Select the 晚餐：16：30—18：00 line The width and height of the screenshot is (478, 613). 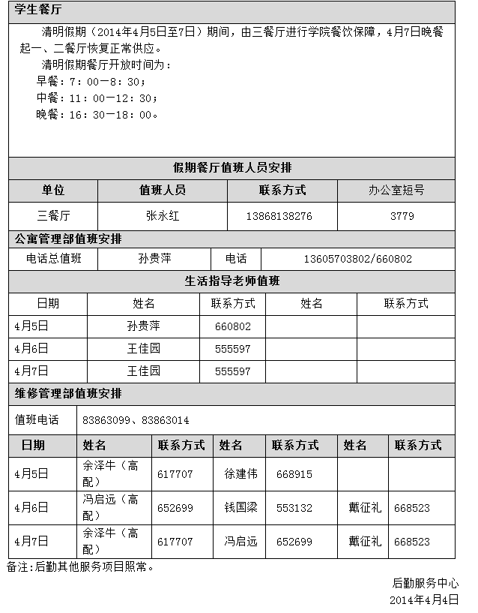coord(97,115)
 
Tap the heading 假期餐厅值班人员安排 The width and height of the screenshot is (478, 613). coord(232,167)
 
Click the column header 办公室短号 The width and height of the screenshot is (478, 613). coord(396,191)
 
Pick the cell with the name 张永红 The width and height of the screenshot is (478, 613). coord(163,215)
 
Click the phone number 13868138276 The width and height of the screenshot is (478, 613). coord(279,216)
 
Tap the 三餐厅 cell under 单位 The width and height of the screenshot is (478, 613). coord(53,215)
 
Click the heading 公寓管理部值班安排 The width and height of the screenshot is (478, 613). coord(68,239)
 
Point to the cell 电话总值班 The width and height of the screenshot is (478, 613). coord(53,259)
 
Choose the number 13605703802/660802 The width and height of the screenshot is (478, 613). coord(357,259)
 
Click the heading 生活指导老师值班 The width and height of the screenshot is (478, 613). coord(232,281)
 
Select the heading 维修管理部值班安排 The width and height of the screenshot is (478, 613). coord(68,393)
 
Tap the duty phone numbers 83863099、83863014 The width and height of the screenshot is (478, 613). coord(136,420)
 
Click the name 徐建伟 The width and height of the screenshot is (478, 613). coord(240,474)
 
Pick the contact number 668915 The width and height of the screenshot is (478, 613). coord(294,474)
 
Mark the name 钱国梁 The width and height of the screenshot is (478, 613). coord(240,508)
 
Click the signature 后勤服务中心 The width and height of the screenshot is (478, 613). coord(426,583)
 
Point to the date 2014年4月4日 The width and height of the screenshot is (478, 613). coord(424,599)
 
